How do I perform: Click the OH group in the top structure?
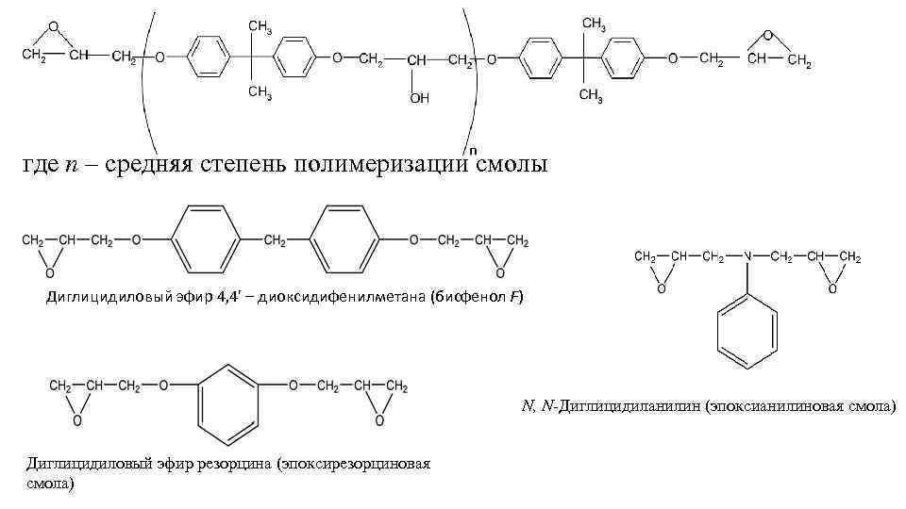click(x=418, y=97)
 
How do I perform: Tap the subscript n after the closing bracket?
click(x=473, y=149)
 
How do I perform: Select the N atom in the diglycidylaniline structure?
click(x=747, y=256)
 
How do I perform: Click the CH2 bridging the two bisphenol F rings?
click(x=275, y=240)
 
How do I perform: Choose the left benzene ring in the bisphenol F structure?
click(x=207, y=240)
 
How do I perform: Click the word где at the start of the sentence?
click(x=41, y=166)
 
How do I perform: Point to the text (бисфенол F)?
click(x=476, y=298)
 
